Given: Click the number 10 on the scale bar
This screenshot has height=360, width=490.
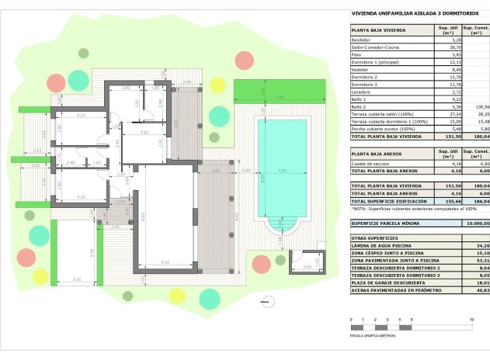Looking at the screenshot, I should point(471,320).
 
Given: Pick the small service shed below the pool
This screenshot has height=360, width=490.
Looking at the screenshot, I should point(305,261).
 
